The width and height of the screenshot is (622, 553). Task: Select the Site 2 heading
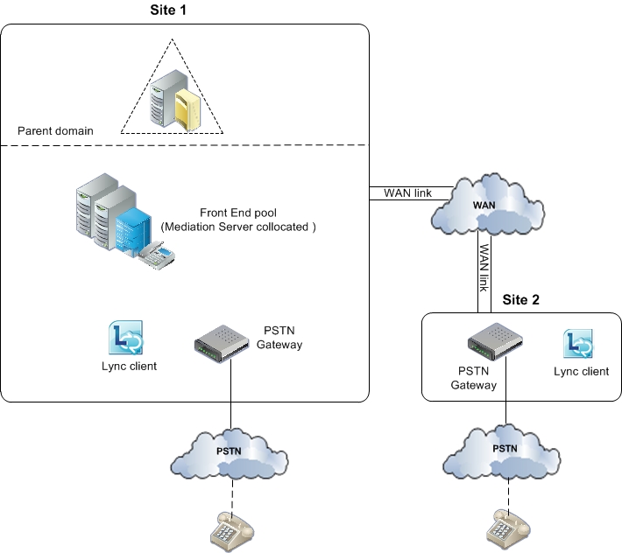(x=520, y=298)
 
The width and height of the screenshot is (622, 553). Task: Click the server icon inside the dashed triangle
(x=173, y=100)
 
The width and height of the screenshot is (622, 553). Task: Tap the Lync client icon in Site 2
(x=579, y=345)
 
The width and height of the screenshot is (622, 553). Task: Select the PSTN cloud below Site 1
(x=230, y=455)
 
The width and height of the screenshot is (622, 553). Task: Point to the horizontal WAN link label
(x=407, y=192)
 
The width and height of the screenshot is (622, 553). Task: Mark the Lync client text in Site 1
(x=129, y=366)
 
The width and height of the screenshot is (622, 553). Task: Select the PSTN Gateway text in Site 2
(x=473, y=379)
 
